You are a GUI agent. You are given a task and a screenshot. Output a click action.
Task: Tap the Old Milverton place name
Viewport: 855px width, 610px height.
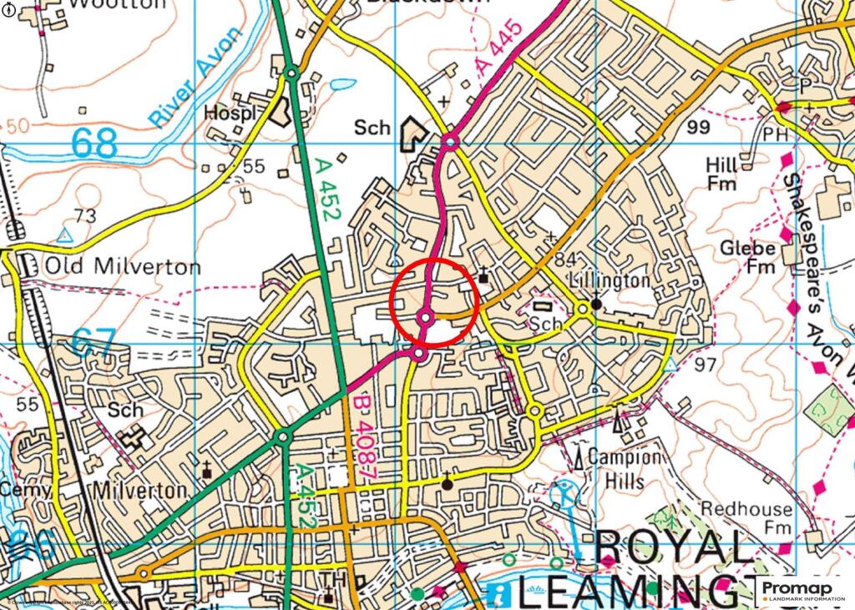(123, 267)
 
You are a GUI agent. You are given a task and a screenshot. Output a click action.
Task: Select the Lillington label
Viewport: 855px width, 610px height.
(609, 280)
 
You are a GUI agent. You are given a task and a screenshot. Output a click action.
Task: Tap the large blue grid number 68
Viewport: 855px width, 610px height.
(94, 143)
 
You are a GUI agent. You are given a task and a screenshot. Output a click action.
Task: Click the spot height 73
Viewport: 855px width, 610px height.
(85, 216)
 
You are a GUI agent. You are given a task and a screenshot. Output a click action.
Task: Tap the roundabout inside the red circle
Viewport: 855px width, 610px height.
(426, 317)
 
